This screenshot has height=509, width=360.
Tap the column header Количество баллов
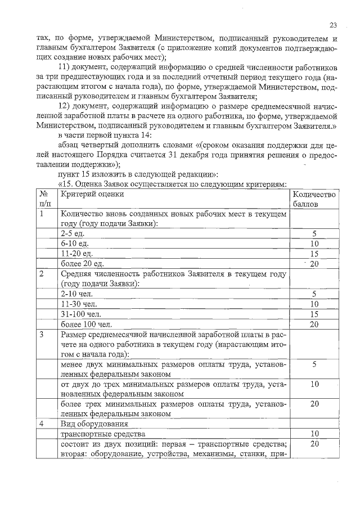point(314,199)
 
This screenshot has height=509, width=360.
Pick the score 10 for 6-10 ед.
point(314,244)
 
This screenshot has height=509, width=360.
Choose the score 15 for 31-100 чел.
point(314,314)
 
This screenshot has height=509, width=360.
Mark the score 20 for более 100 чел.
point(314,325)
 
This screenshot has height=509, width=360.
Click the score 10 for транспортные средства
point(314,434)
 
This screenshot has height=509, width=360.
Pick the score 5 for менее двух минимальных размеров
point(314,364)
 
